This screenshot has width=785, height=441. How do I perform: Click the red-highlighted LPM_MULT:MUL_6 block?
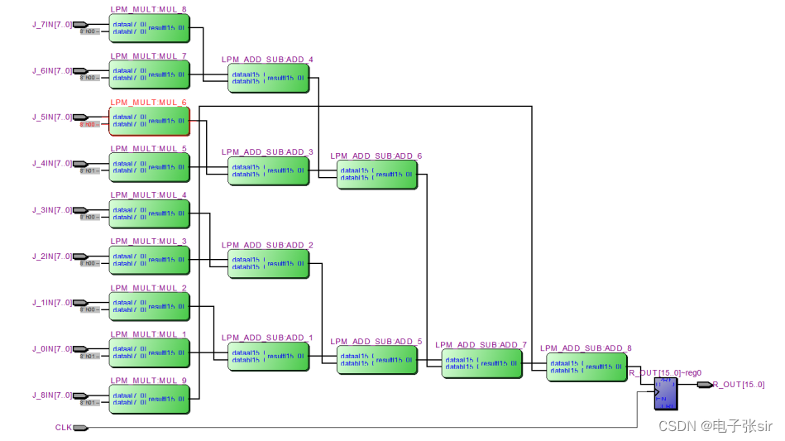(x=149, y=121)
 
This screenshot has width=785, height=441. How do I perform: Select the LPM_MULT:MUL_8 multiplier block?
(x=149, y=28)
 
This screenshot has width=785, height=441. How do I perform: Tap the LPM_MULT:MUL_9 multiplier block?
(x=149, y=399)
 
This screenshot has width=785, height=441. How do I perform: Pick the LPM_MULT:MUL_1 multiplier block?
(x=149, y=352)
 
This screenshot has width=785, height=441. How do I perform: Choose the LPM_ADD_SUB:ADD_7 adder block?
(x=481, y=363)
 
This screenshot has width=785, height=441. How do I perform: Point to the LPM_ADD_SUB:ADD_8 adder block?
(x=586, y=367)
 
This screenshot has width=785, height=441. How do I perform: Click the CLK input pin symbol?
(x=80, y=428)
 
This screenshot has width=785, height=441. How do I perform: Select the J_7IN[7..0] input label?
(x=51, y=24)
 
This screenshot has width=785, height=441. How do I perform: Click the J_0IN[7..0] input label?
(x=51, y=348)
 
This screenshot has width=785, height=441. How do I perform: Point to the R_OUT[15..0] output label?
(x=739, y=385)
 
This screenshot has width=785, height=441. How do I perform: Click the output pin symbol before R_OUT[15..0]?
(x=704, y=385)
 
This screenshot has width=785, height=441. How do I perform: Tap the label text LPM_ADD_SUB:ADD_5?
(x=376, y=341)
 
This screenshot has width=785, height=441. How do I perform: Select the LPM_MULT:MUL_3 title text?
(x=148, y=242)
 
